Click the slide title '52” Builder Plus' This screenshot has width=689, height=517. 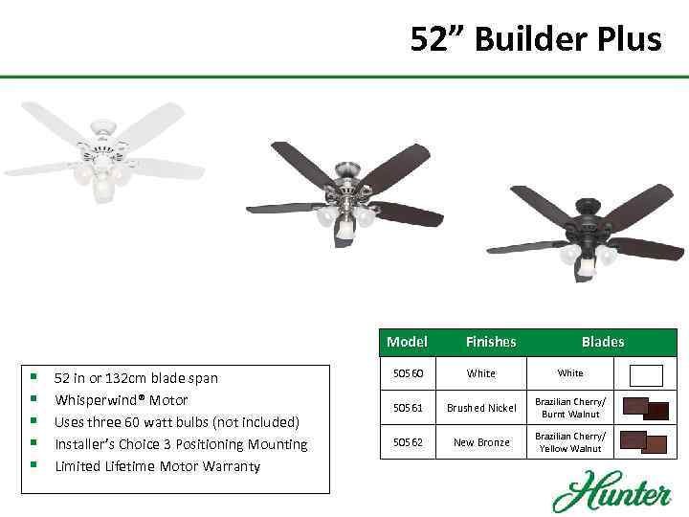pos(535,39)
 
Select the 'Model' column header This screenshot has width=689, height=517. pos(407,342)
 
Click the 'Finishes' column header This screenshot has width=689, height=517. pos(490,342)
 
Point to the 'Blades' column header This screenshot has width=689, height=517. pos(603,342)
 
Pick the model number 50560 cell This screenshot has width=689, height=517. pos(409,373)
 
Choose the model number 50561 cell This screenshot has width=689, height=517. pos(409,408)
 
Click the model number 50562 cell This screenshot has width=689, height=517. pos(409,442)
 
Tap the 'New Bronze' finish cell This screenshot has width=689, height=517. pos(482,442)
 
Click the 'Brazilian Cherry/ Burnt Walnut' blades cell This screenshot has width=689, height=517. pos(569,408)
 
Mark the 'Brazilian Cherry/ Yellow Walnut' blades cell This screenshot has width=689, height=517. pos(569,442)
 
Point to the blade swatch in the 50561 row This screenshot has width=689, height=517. pos(645,408)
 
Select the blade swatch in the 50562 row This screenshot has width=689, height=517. pos(643,441)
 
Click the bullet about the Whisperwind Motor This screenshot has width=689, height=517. pos(121,400)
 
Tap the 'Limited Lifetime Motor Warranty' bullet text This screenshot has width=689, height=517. pos(157,466)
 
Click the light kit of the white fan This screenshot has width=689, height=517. pos(100,182)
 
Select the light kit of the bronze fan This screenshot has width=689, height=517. pos(586,258)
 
